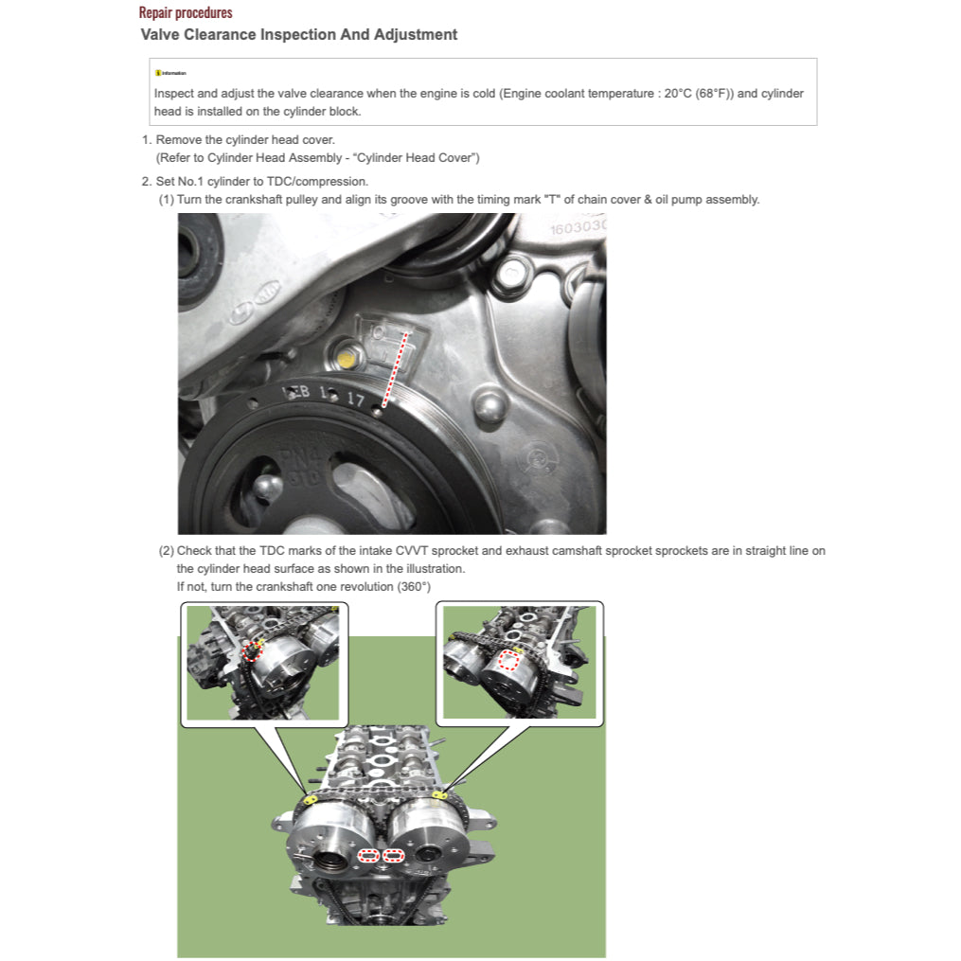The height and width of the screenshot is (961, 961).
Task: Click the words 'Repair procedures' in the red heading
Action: pos(186,13)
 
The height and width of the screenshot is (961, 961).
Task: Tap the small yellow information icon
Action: pos(157,73)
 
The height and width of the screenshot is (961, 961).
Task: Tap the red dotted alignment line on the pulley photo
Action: pos(395,369)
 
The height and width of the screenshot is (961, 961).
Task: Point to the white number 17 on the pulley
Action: pos(354,400)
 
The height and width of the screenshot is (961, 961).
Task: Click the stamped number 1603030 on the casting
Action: pos(578,227)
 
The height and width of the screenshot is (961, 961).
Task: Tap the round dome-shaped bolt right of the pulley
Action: pos(489,409)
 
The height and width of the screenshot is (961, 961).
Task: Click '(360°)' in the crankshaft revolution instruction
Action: pos(411,587)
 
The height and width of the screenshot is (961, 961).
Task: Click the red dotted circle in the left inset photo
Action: pos(251,651)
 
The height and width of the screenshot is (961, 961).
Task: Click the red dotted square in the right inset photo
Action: pos(509,660)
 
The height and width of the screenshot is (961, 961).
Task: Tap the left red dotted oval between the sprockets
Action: pos(368,856)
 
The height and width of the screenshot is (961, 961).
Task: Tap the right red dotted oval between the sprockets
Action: pos(392,856)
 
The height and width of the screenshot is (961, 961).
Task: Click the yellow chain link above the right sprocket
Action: pos(439,795)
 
